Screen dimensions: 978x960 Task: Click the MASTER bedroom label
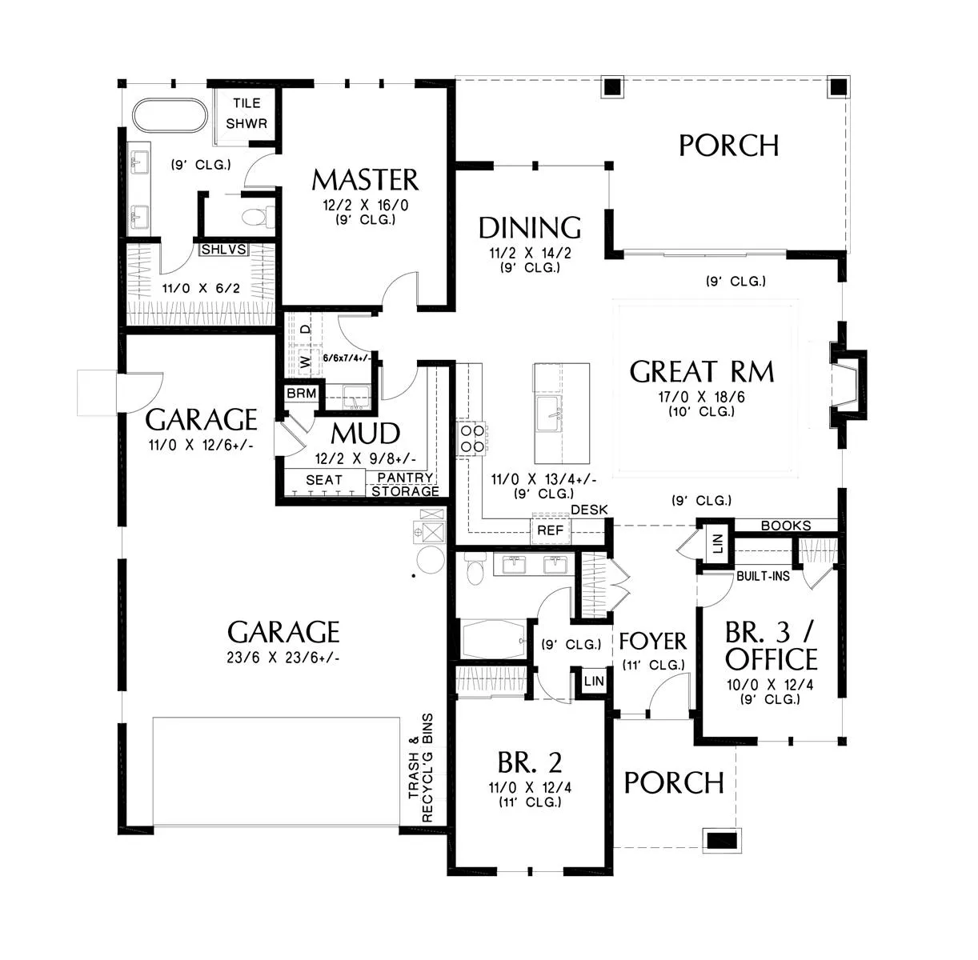click(x=366, y=180)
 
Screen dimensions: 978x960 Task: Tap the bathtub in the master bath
click(x=170, y=116)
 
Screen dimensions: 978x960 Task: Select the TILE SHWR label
click(x=247, y=113)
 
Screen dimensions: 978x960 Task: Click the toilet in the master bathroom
click(x=258, y=217)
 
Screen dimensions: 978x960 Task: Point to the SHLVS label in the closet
click(x=224, y=249)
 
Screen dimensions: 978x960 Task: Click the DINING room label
click(x=530, y=228)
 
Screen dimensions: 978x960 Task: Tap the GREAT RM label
click(x=702, y=371)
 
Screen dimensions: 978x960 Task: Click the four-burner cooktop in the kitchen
click(x=471, y=439)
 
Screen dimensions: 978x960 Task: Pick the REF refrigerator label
click(x=550, y=530)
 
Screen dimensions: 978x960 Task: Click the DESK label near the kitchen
click(x=589, y=510)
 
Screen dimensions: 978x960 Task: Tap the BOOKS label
click(x=786, y=526)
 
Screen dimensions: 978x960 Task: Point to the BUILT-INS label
click(x=763, y=576)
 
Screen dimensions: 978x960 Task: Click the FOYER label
click(x=653, y=642)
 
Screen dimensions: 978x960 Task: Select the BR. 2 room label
click(x=530, y=762)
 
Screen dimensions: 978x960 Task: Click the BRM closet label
click(x=302, y=394)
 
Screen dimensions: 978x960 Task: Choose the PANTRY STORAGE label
click(x=405, y=485)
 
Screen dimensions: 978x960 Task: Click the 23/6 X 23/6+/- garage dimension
click(x=283, y=658)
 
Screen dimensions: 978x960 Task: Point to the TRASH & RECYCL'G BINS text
click(x=421, y=769)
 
